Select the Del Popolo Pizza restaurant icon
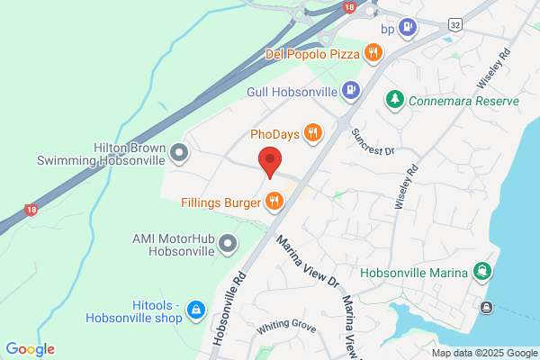click(x=373, y=54)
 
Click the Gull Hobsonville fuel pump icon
click(x=350, y=91)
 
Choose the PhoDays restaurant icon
click(x=313, y=134)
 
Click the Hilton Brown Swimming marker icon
click(x=179, y=152)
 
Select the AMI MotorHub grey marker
click(x=228, y=242)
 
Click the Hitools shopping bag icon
click(x=193, y=311)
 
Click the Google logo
click(x=30, y=349)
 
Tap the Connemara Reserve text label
click(x=463, y=102)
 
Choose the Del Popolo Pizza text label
click(x=313, y=54)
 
